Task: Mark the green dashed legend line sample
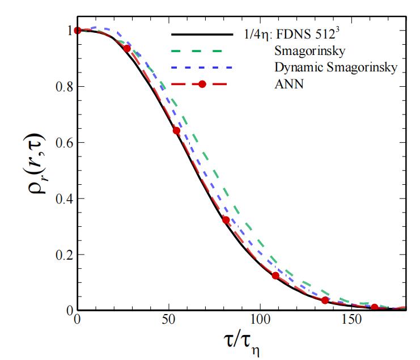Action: (202, 52)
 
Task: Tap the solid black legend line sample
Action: (202, 35)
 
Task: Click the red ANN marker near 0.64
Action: (176, 130)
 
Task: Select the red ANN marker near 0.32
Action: (226, 220)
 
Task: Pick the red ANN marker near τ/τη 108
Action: (275, 276)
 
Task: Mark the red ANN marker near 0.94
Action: (127, 48)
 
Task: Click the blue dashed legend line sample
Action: (202, 68)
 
